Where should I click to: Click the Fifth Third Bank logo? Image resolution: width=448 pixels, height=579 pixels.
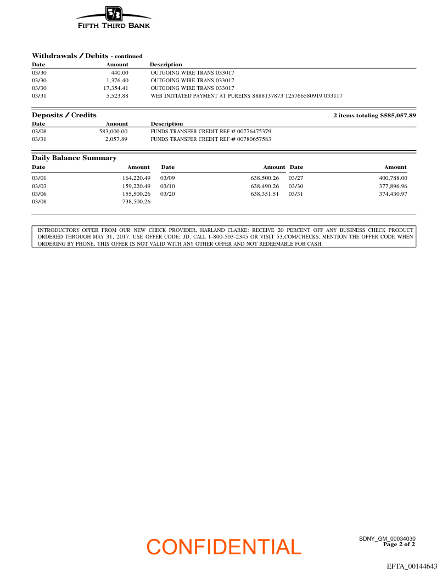pos(114,18)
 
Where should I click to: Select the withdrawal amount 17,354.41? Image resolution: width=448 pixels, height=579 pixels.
pos(116,88)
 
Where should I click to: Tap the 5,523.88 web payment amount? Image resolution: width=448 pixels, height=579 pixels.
pos(117,96)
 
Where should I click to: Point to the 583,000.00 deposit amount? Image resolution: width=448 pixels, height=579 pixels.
pos(113,132)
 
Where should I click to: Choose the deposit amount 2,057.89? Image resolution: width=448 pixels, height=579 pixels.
pos(116,139)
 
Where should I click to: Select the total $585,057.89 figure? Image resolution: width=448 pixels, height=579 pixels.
pos(398,115)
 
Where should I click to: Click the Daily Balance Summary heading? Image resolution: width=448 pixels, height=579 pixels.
pos(74,158)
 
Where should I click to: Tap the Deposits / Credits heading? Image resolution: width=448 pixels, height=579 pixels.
pos(64,115)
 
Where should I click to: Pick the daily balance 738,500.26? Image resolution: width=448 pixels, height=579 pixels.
pos(136,202)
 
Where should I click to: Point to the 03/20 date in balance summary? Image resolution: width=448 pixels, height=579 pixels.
pos(167,194)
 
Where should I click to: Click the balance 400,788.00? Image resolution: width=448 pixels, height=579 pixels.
pos(393,178)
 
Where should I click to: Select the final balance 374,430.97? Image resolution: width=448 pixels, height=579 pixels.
pos(393,194)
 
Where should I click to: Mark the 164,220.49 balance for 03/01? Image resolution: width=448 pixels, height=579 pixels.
pos(136,178)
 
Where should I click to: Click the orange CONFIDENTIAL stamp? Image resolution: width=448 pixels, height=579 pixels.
pos(224,547)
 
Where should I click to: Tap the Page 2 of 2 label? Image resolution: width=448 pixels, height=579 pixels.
pos(399,544)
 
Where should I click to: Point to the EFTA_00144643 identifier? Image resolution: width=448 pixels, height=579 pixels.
pos(412,566)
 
